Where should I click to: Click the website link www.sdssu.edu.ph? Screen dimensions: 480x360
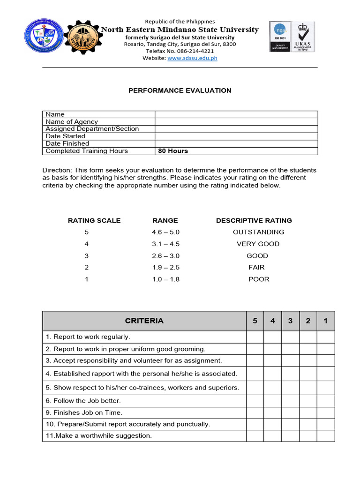pos(192,58)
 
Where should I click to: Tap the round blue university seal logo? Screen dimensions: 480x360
pos(43,37)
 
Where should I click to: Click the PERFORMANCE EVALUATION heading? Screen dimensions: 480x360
pos(180,90)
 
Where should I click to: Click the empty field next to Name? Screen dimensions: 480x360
pos(236,114)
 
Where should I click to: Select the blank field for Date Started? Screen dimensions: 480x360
pos(236,136)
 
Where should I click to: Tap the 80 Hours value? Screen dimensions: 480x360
pos(173,151)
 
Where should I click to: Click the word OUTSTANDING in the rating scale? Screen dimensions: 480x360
pos(258,232)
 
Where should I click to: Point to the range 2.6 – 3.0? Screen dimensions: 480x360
pos(165,256)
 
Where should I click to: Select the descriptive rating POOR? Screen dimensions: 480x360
pos(259,279)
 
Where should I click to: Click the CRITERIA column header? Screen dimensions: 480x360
pos(144,321)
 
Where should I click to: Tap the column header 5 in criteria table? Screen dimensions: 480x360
pos(255,321)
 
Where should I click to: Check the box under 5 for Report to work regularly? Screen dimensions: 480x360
pos(255,337)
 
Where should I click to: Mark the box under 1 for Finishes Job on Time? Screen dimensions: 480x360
pos(326,412)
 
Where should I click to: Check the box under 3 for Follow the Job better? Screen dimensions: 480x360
pos(290,401)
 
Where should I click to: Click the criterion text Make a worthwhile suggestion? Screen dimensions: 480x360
pos(99,435)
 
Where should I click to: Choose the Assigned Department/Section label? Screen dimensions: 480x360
pos(92,129)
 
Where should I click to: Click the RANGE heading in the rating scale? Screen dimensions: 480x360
pos(165,220)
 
